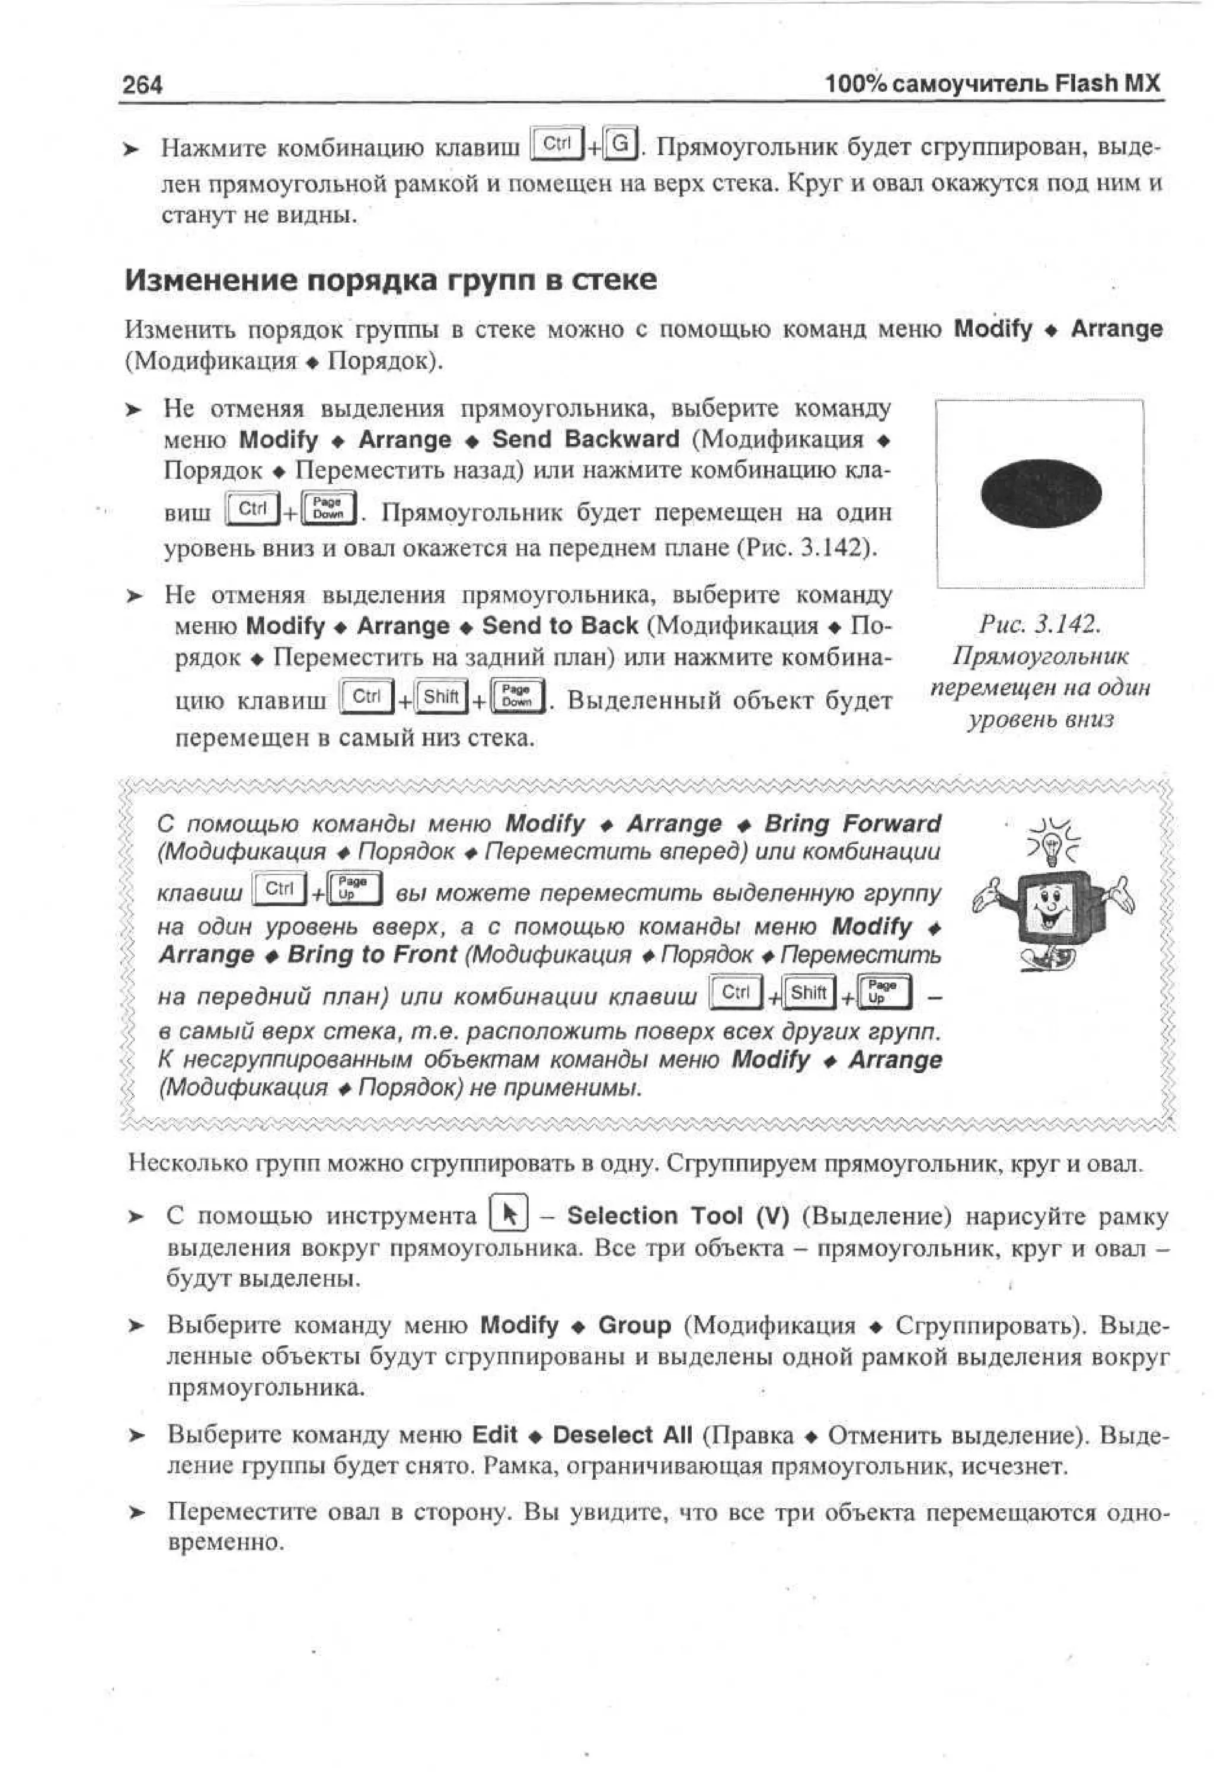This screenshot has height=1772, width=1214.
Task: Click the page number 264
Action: pos(143,85)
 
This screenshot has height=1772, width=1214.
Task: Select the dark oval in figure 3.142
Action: pos(1040,493)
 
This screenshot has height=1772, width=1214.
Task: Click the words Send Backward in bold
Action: pos(585,439)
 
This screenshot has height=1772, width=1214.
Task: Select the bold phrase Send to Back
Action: pos(560,625)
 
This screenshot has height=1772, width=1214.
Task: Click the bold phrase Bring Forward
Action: pos(852,824)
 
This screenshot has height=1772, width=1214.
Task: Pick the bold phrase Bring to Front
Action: pos(372,954)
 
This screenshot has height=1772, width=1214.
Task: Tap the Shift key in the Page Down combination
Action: pos(441,697)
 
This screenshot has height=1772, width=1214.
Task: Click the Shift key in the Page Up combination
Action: pos(809,993)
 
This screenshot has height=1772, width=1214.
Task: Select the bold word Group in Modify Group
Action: pos(634,1325)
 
